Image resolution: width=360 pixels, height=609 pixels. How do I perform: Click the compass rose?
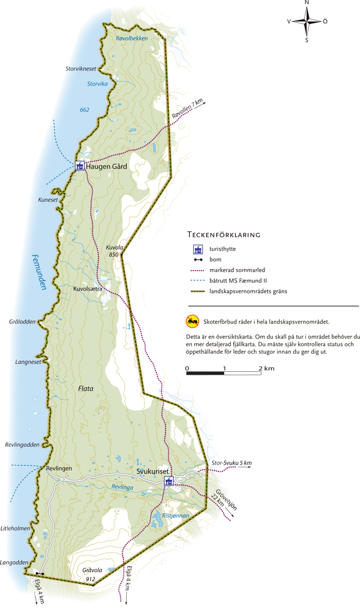[307, 21]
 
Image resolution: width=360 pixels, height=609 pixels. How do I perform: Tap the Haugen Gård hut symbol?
[80, 166]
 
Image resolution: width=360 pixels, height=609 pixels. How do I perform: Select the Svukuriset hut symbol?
[168, 482]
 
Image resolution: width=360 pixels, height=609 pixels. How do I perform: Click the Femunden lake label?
[38, 272]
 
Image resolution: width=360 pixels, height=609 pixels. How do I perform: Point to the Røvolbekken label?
[131, 38]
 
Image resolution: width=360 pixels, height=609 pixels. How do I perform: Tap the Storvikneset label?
[82, 69]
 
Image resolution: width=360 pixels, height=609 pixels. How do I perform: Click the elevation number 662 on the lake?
[85, 110]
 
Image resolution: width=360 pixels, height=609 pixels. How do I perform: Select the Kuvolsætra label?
[88, 289]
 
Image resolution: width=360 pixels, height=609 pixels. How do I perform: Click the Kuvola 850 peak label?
[115, 251]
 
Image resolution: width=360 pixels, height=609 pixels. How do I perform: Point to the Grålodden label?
[22, 322]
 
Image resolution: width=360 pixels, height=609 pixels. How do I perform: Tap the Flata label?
[85, 389]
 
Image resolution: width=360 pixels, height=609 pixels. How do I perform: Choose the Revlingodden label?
[22, 444]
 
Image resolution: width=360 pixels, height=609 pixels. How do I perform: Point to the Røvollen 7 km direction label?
[187, 110]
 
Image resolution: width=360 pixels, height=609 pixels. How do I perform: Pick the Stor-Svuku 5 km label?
[231, 463]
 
